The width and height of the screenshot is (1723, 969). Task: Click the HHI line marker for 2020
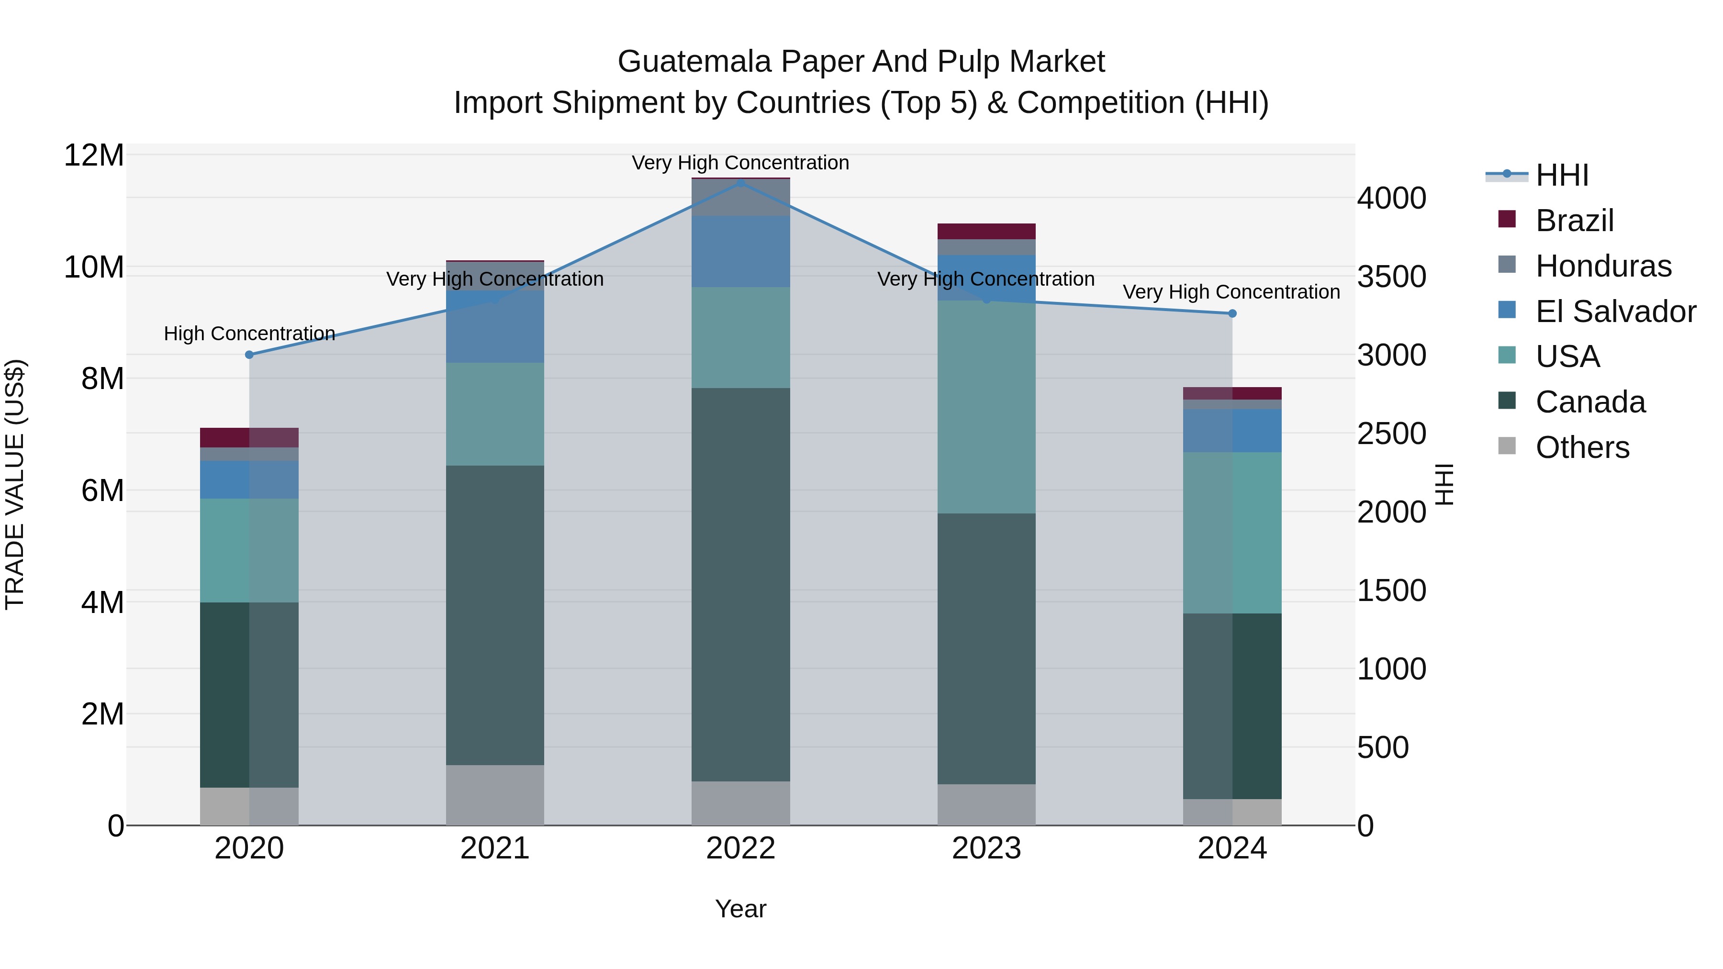(x=249, y=355)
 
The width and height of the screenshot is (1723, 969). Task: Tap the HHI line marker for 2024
(x=1232, y=313)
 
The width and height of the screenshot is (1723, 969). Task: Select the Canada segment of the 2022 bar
(x=740, y=584)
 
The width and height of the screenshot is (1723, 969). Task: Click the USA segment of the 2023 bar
(x=986, y=407)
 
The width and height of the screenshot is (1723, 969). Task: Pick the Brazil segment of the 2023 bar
(x=986, y=232)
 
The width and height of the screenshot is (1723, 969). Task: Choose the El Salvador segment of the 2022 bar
(x=740, y=251)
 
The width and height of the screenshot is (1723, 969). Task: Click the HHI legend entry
(x=1561, y=175)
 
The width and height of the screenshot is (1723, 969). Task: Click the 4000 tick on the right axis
(x=1391, y=198)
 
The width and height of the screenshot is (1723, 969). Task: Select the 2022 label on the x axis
(x=740, y=848)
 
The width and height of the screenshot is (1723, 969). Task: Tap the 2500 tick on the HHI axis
(x=1391, y=434)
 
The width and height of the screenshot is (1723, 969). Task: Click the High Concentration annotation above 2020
(x=249, y=333)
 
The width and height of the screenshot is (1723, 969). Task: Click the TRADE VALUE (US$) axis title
(x=15, y=484)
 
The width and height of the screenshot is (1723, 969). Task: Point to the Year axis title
(x=740, y=909)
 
